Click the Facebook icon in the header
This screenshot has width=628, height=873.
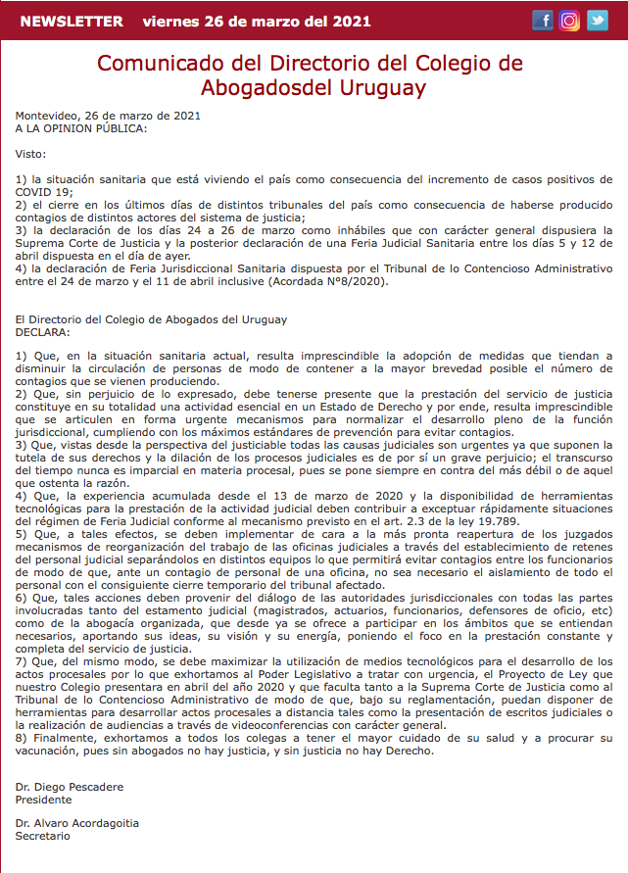click(543, 21)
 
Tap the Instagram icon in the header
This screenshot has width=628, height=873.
click(569, 21)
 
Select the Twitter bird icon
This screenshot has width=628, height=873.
click(597, 21)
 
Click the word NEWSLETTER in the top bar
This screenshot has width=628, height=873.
click(72, 22)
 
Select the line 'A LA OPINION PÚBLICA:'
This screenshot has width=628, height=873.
click(81, 128)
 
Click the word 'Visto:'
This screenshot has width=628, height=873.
click(31, 154)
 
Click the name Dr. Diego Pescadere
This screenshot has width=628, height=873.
click(70, 787)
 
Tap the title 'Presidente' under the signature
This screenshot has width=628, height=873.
click(44, 800)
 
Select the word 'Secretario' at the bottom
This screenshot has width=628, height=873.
click(43, 838)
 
